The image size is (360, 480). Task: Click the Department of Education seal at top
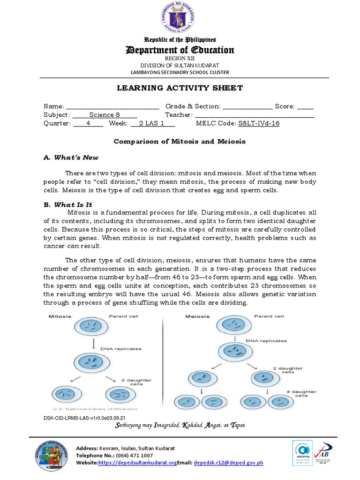(x=180, y=18)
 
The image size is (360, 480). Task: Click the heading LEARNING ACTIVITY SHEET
(x=180, y=88)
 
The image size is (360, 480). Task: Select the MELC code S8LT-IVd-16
(x=259, y=123)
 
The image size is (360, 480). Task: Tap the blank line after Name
(x=112, y=107)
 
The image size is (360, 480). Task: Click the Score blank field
(x=305, y=107)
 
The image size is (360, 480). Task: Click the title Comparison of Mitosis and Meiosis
(x=180, y=141)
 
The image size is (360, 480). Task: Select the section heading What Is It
(x=73, y=205)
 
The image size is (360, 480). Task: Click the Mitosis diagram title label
(x=60, y=316)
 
